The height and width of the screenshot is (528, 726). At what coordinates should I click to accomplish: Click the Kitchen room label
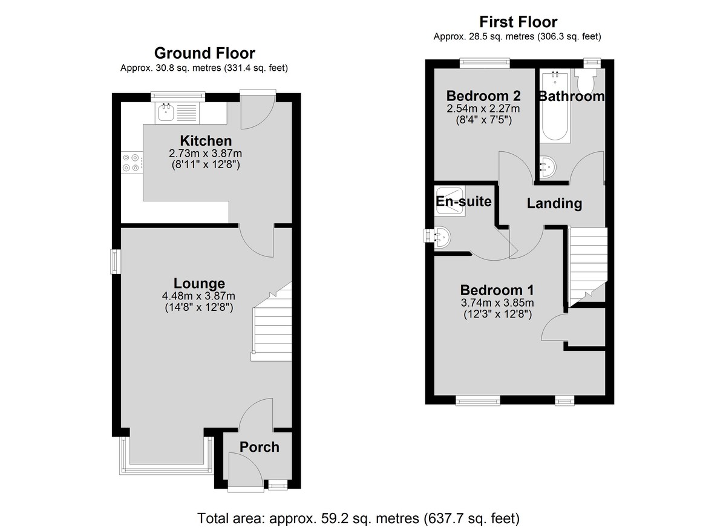click(206, 141)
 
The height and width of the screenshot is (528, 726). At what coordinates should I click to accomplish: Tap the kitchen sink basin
click(166, 112)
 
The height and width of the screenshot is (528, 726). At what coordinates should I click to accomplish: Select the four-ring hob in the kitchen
click(131, 163)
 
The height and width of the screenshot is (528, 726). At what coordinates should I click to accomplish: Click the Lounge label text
click(199, 283)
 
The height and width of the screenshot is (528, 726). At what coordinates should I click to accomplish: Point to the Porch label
click(260, 447)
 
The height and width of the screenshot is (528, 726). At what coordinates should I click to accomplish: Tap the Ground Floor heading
click(204, 53)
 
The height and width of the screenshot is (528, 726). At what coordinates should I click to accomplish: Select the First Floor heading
click(518, 22)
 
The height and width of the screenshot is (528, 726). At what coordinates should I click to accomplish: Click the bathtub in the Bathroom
click(555, 106)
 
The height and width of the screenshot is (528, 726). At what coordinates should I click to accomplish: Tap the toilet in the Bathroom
click(586, 79)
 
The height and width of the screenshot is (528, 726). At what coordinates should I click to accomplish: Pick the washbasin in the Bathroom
click(548, 168)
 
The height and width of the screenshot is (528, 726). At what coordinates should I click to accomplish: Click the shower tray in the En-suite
click(450, 201)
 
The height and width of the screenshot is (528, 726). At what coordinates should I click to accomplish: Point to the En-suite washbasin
click(442, 237)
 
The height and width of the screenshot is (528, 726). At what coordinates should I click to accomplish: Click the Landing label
click(554, 203)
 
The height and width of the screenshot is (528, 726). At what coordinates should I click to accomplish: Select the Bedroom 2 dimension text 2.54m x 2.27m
click(483, 108)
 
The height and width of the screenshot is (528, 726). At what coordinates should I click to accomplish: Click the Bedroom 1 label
click(497, 290)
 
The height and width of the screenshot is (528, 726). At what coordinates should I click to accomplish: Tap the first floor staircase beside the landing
click(588, 266)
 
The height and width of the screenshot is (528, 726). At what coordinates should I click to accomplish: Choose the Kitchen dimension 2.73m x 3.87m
click(205, 153)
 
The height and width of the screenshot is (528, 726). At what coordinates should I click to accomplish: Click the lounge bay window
click(166, 456)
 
